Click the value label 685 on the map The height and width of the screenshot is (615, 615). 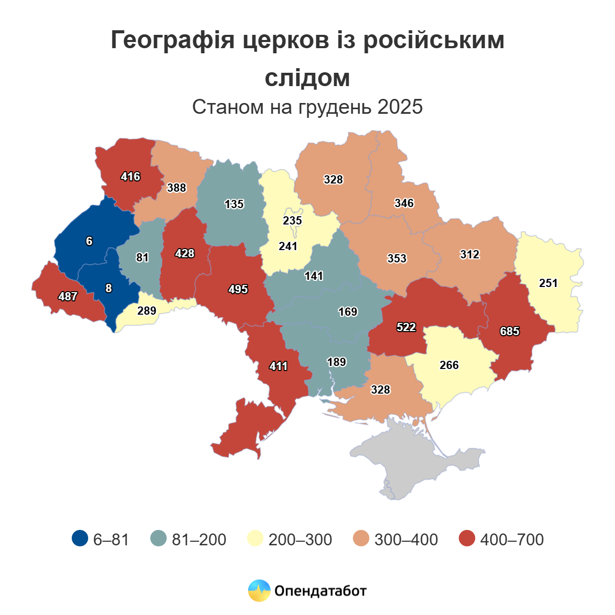(x=509, y=332)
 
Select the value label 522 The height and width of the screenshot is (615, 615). (x=406, y=327)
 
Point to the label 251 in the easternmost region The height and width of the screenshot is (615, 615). (x=548, y=283)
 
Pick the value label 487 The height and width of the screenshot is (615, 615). (x=68, y=297)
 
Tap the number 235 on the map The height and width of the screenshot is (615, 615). (x=292, y=221)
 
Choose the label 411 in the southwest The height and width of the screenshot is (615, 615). (x=278, y=366)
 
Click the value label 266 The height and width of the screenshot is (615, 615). (x=449, y=365)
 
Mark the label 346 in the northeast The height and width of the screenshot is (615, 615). (x=404, y=203)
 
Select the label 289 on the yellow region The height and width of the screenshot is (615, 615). (x=147, y=311)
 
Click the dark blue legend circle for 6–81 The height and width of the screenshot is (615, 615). (x=80, y=539)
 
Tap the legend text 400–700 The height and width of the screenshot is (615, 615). (x=511, y=540)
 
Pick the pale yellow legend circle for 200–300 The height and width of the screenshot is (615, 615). (x=256, y=539)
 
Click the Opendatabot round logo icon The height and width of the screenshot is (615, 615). (x=259, y=591)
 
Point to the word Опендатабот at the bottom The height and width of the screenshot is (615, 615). (x=321, y=591)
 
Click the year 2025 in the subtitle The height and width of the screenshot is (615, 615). (x=400, y=107)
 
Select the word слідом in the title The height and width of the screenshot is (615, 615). (x=307, y=78)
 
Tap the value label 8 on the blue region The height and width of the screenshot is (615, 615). (x=108, y=289)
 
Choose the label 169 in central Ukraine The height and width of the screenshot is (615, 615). (x=347, y=312)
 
